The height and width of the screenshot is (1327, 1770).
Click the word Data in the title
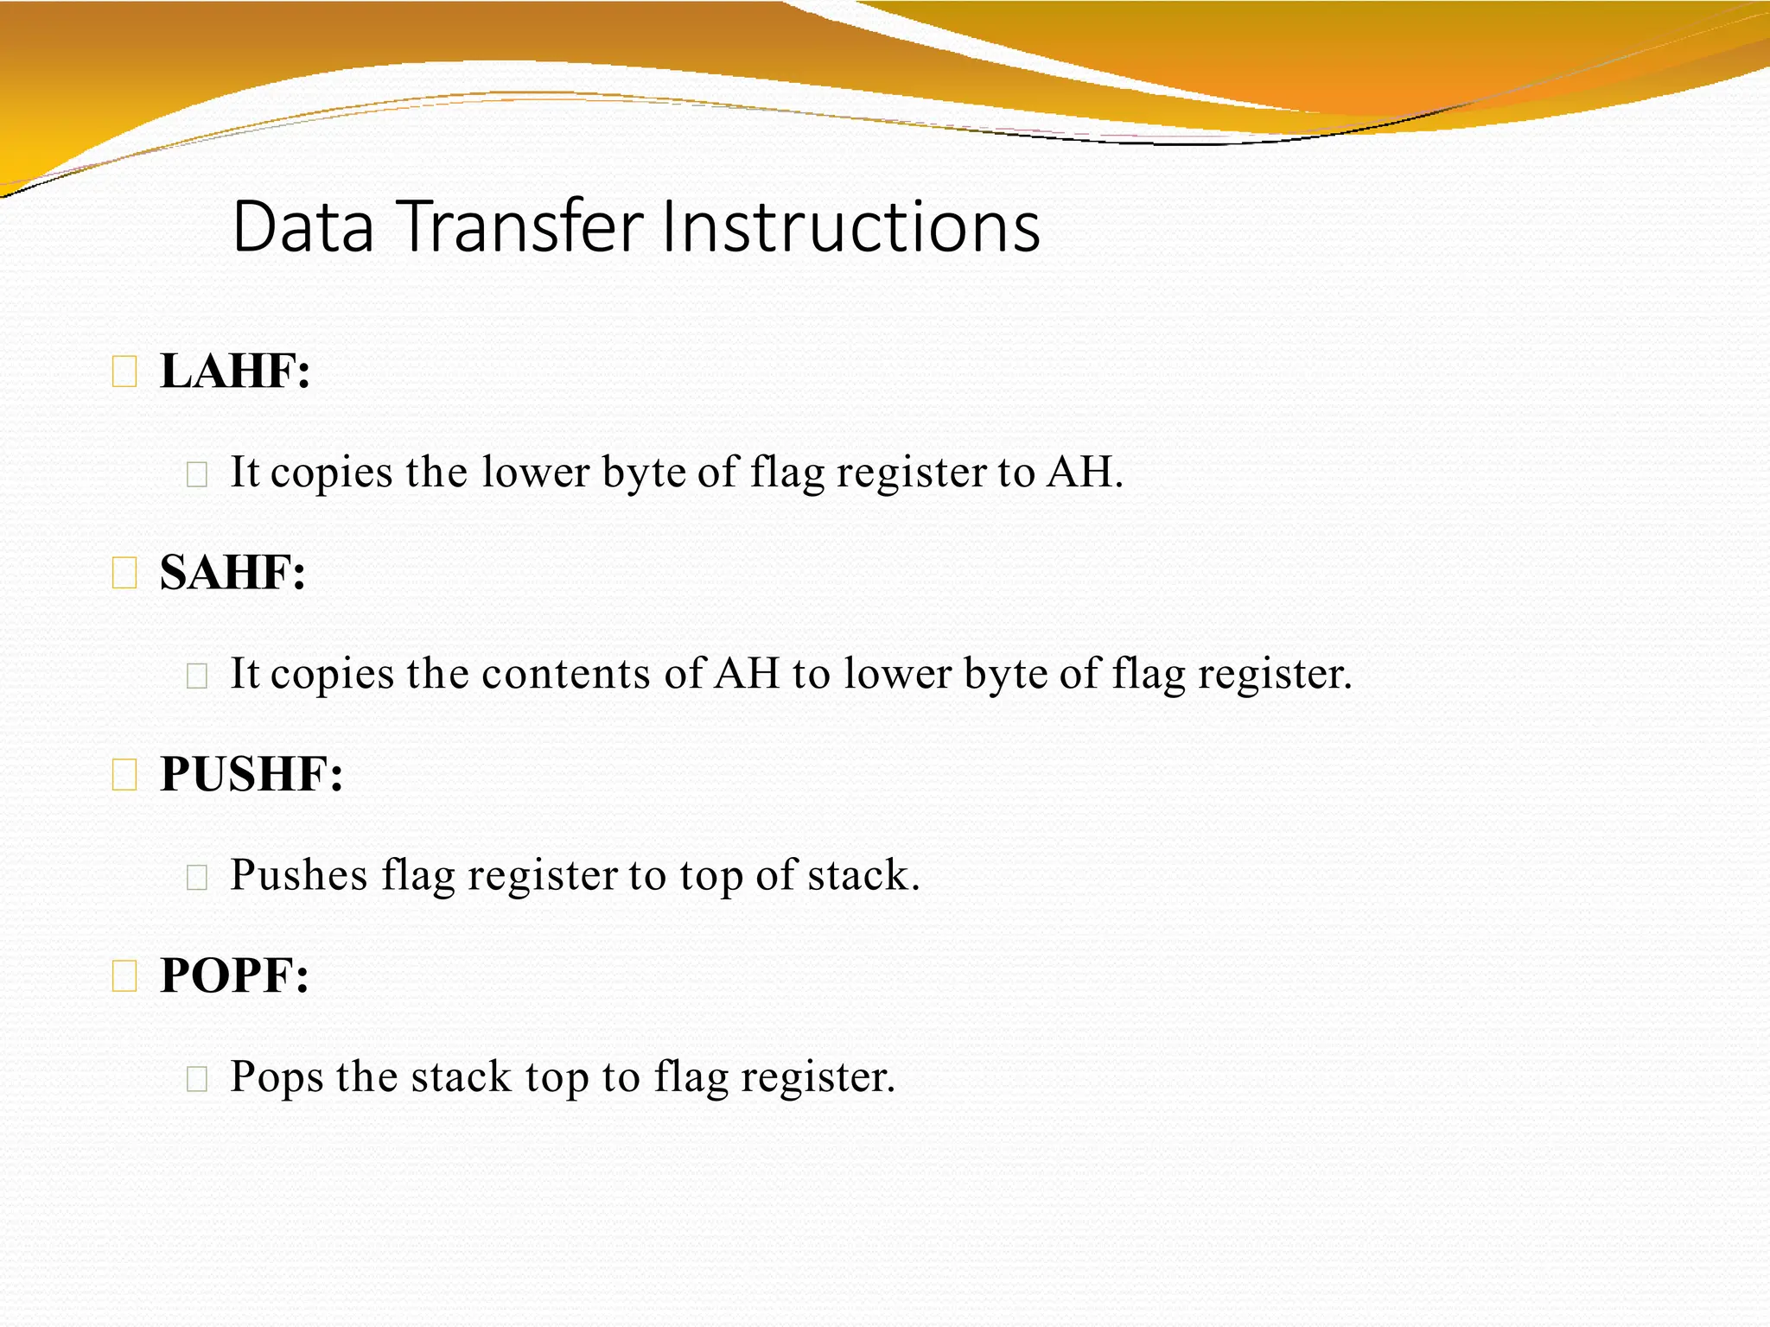(x=303, y=227)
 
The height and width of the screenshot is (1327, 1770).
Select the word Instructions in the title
(x=850, y=227)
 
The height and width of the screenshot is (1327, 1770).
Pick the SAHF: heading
(x=232, y=573)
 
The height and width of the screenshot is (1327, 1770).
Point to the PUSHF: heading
(x=251, y=774)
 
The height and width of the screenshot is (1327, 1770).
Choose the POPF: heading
(x=234, y=976)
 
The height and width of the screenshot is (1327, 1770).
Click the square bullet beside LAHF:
(x=124, y=372)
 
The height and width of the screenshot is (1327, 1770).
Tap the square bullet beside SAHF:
(x=124, y=574)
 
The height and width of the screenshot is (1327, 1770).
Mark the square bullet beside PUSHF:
(x=124, y=775)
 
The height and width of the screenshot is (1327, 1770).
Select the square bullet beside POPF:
(x=124, y=977)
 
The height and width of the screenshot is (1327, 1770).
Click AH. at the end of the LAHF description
(x=1085, y=473)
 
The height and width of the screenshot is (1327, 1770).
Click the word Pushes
(x=299, y=875)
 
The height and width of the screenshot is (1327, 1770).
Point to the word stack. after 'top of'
(x=863, y=875)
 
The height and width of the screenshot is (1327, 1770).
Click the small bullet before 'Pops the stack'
(x=197, y=1078)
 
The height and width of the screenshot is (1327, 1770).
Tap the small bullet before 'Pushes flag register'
(x=197, y=877)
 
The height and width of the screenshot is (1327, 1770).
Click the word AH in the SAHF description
(x=747, y=674)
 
